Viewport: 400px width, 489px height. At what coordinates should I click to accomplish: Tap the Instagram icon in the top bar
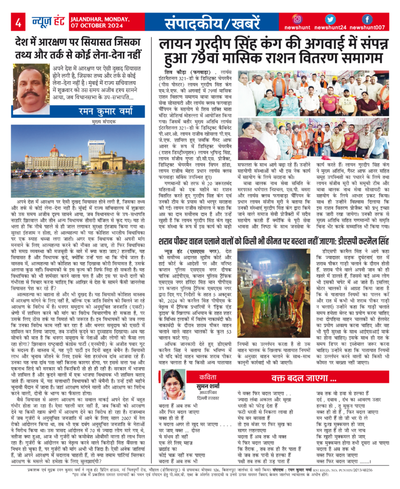pyautogui.click(x=297, y=19)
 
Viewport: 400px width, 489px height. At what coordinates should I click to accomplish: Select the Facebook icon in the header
pyautogui.click(x=367, y=19)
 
